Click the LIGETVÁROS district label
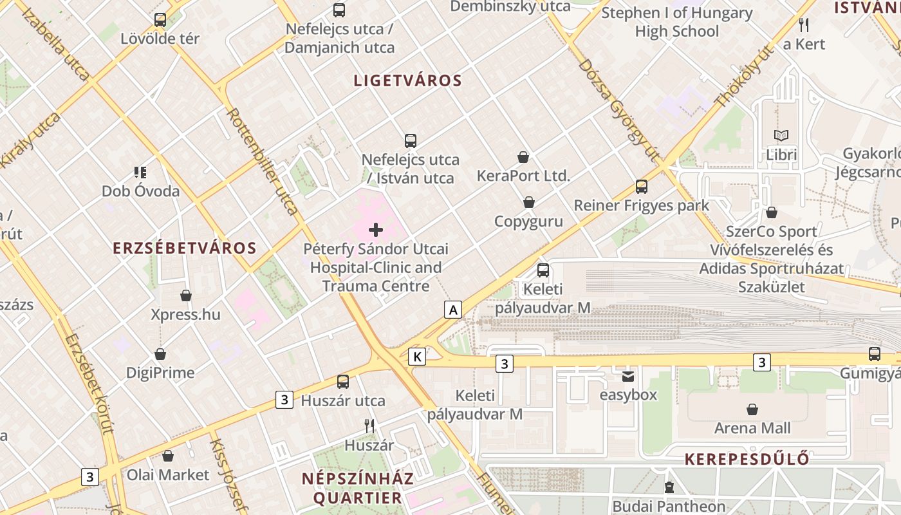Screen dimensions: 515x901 point(408,80)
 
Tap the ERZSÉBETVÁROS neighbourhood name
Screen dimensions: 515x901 point(185,248)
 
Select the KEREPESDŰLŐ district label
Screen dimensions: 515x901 point(747,459)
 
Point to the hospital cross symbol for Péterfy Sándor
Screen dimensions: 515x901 point(376,230)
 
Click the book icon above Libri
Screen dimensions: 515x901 point(781,136)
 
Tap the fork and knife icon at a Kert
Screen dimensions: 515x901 point(803,25)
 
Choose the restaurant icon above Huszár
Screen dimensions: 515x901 point(369,426)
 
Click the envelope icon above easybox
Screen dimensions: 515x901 point(627,376)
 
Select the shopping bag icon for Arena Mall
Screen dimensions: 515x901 point(752,409)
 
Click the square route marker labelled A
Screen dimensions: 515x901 point(453,310)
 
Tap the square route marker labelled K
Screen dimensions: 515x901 point(417,356)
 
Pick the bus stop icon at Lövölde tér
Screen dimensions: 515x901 point(160,20)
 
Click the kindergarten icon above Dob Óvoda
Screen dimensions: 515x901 point(140,172)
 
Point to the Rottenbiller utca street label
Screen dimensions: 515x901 point(263,161)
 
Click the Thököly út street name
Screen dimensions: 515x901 point(743,77)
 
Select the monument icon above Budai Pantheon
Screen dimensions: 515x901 point(669,487)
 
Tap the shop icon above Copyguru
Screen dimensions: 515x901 point(528,203)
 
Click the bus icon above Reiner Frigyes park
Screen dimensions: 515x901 point(641,187)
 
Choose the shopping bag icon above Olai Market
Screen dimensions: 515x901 point(168,456)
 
